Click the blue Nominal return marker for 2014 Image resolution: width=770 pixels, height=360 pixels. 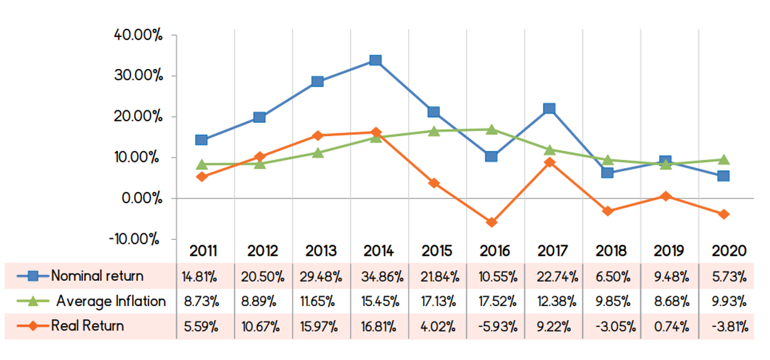click(x=376, y=60)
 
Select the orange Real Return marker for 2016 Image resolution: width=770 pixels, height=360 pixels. click(x=492, y=222)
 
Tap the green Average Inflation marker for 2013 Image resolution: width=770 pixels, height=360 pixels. click(x=317, y=152)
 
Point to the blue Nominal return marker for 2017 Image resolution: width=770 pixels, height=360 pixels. click(x=549, y=109)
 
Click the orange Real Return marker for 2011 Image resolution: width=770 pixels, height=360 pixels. click(x=201, y=176)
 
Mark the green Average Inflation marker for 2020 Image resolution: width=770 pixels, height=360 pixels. click(x=724, y=159)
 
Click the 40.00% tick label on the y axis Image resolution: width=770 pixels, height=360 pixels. click(x=139, y=35)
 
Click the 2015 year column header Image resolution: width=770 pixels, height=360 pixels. click(x=437, y=251)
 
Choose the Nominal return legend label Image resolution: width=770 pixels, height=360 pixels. click(x=97, y=276)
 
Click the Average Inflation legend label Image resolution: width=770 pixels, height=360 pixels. click(x=111, y=301)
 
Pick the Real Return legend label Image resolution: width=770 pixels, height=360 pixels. click(x=88, y=326)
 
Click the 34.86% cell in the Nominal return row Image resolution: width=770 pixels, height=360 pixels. click(x=379, y=277)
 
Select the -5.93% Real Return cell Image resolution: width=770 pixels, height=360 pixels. click(x=495, y=326)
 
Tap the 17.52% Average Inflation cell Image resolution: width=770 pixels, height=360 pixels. click(x=495, y=302)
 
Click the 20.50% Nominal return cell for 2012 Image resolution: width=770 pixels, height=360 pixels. click(x=263, y=277)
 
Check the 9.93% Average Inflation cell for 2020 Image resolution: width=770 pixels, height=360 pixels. click(x=729, y=302)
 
